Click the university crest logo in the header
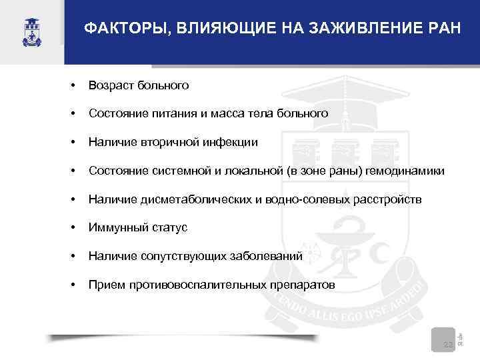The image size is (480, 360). coord(31,30)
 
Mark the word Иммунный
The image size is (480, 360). coord(115,228)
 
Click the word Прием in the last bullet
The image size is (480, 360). coord(103,285)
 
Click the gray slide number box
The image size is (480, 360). coord(441,338)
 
